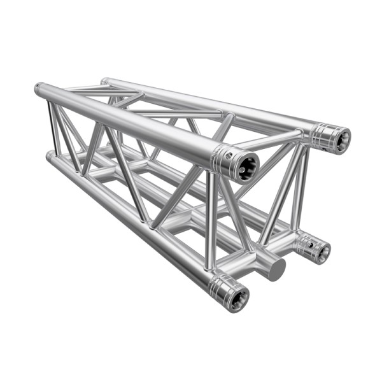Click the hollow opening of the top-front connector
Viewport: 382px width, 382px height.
(x=246, y=167)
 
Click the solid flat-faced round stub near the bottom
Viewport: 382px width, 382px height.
(x=276, y=269)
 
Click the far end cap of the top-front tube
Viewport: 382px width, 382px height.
(x=39, y=88)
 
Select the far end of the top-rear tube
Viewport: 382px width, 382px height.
(x=104, y=81)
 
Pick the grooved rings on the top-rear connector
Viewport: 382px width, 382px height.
(x=322, y=134)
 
